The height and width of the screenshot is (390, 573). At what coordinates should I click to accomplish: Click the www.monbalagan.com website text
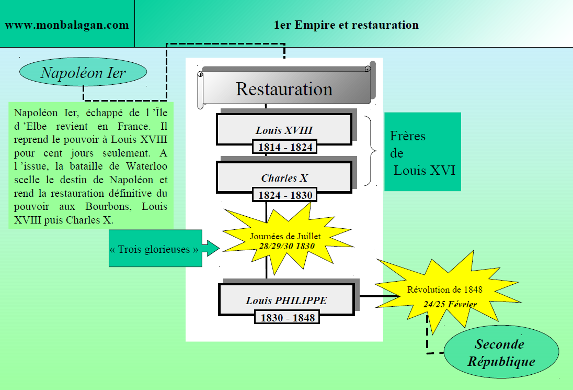coord(66,25)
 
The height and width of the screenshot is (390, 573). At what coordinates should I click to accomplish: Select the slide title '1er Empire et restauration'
coord(346,25)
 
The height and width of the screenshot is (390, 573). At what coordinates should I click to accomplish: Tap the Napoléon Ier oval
coord(83,72)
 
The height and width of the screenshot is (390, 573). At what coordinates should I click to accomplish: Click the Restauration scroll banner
coord(284,88)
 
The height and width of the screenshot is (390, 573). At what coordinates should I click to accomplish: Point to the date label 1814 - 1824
coord(285,147)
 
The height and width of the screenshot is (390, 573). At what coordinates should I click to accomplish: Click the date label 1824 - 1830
coord(285,195)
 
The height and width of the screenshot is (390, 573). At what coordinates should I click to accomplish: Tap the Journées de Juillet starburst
coord(285,238)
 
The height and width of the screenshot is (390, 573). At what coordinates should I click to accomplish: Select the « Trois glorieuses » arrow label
coord(155,249)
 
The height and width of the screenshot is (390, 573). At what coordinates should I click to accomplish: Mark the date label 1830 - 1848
coord(288,318)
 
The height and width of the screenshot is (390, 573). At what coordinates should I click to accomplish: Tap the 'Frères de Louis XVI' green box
coord(423,152)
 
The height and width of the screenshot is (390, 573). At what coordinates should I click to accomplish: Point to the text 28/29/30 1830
coord(286,246)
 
